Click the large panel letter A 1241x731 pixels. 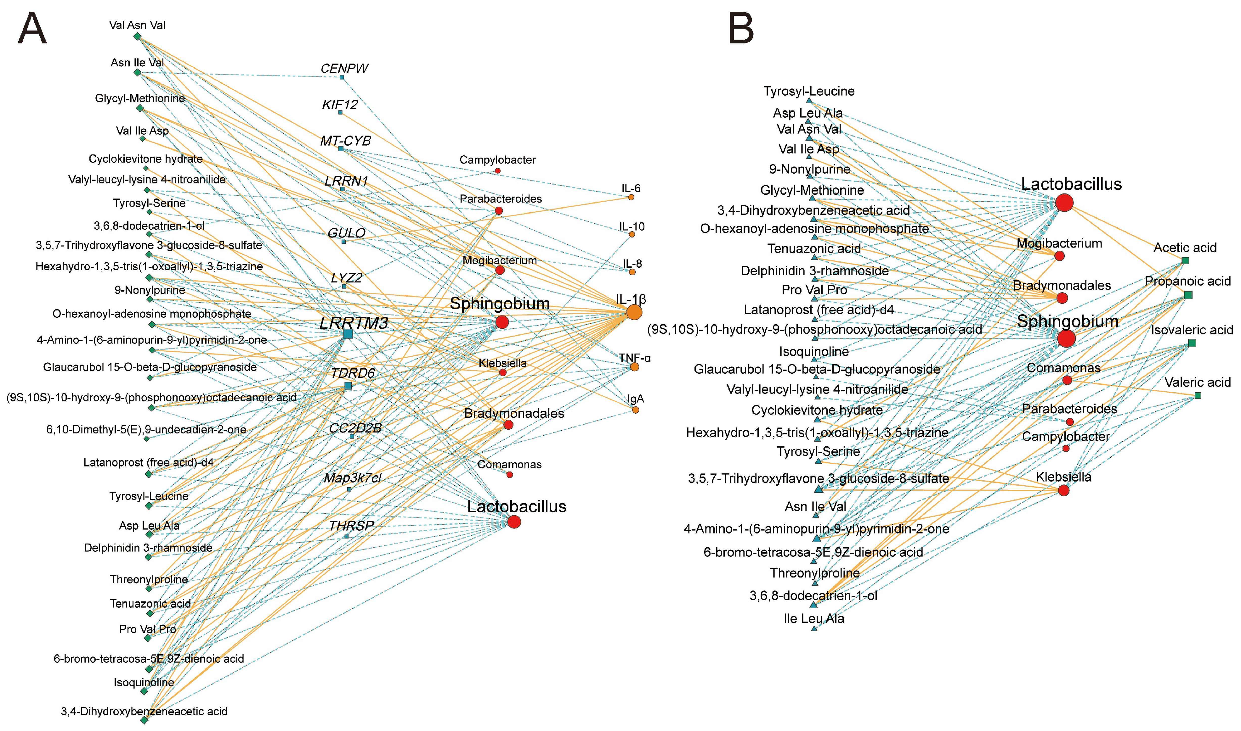point(32,29)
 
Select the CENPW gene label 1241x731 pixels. point(344,69)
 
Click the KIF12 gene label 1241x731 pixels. point(340,104)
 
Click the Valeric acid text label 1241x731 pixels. point(1197,382)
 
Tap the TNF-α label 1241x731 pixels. point(635,358)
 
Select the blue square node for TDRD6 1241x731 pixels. point(348,386)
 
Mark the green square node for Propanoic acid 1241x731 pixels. point(1188,295)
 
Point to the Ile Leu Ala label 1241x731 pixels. point(814,618)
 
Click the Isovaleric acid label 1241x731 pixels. point(1192,330)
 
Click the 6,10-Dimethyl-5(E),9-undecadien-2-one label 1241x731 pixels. point(146,430)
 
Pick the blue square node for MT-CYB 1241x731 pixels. point(341,148)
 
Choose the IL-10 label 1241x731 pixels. point(632,226)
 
